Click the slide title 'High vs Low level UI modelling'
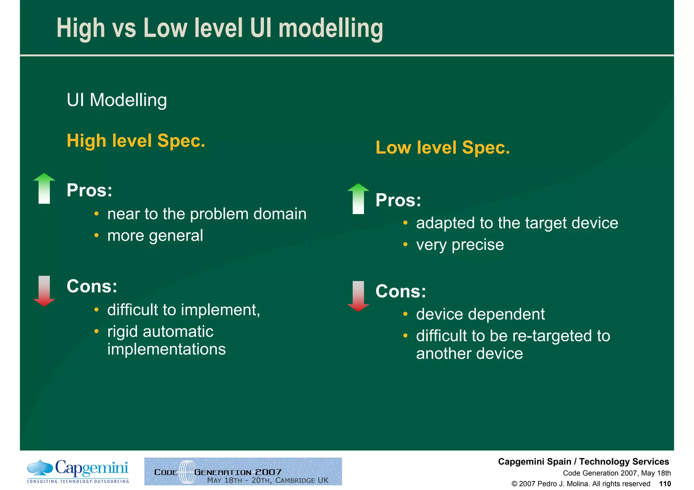[x=220, y=28]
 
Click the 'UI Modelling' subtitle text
[x=117, y=100]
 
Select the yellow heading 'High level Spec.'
[x=136, y=141]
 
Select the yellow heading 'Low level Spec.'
[x=443, y=148]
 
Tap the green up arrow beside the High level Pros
[x=44, y=188]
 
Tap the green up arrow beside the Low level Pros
[x=358, y=198]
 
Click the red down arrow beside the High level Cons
[x=44, y=291]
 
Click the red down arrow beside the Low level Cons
[x=358, y=296]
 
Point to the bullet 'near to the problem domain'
[x=207, y=214]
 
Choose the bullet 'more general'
[x=155, y=236]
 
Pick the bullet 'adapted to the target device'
[x=517, y=223]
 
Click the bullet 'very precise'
[x=460, y=245]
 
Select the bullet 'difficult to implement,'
[x=184, y=310]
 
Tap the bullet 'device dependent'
[x=480, y=314]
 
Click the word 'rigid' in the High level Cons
[x=122, y=332]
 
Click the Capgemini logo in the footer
[x=78, y=471]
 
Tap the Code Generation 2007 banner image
[x=243, y=471]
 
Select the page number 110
[x=665, y=484]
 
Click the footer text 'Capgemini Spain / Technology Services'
[x=583, y=462]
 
